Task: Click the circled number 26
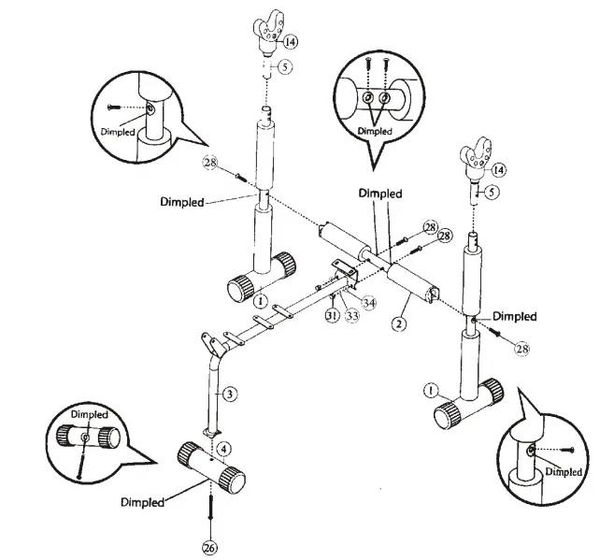coord(210,548)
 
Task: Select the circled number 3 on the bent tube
coord(230,394)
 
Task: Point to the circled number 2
coord(399,323)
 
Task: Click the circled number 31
coord(332,315)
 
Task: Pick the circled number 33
coord(352,315)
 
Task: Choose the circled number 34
coord(368,303)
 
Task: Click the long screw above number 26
coord(210,507)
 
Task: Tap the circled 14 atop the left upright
coord(290,41)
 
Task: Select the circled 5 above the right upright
coord(492,192)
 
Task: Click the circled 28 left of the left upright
coord(210,162)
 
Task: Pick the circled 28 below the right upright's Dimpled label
coord(522,348)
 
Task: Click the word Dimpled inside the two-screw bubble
coord(375,131)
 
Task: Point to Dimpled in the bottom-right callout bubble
coord(564,471)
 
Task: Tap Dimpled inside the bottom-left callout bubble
coord(90,414)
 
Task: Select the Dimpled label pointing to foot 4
coord(142,502)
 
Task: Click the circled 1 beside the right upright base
coord(431,391)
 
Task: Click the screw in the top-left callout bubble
coord(113,107)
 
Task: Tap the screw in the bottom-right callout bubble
coord(568,450)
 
